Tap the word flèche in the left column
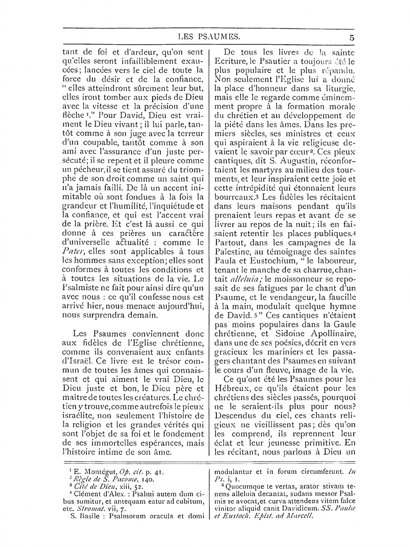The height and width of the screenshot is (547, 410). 73,124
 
